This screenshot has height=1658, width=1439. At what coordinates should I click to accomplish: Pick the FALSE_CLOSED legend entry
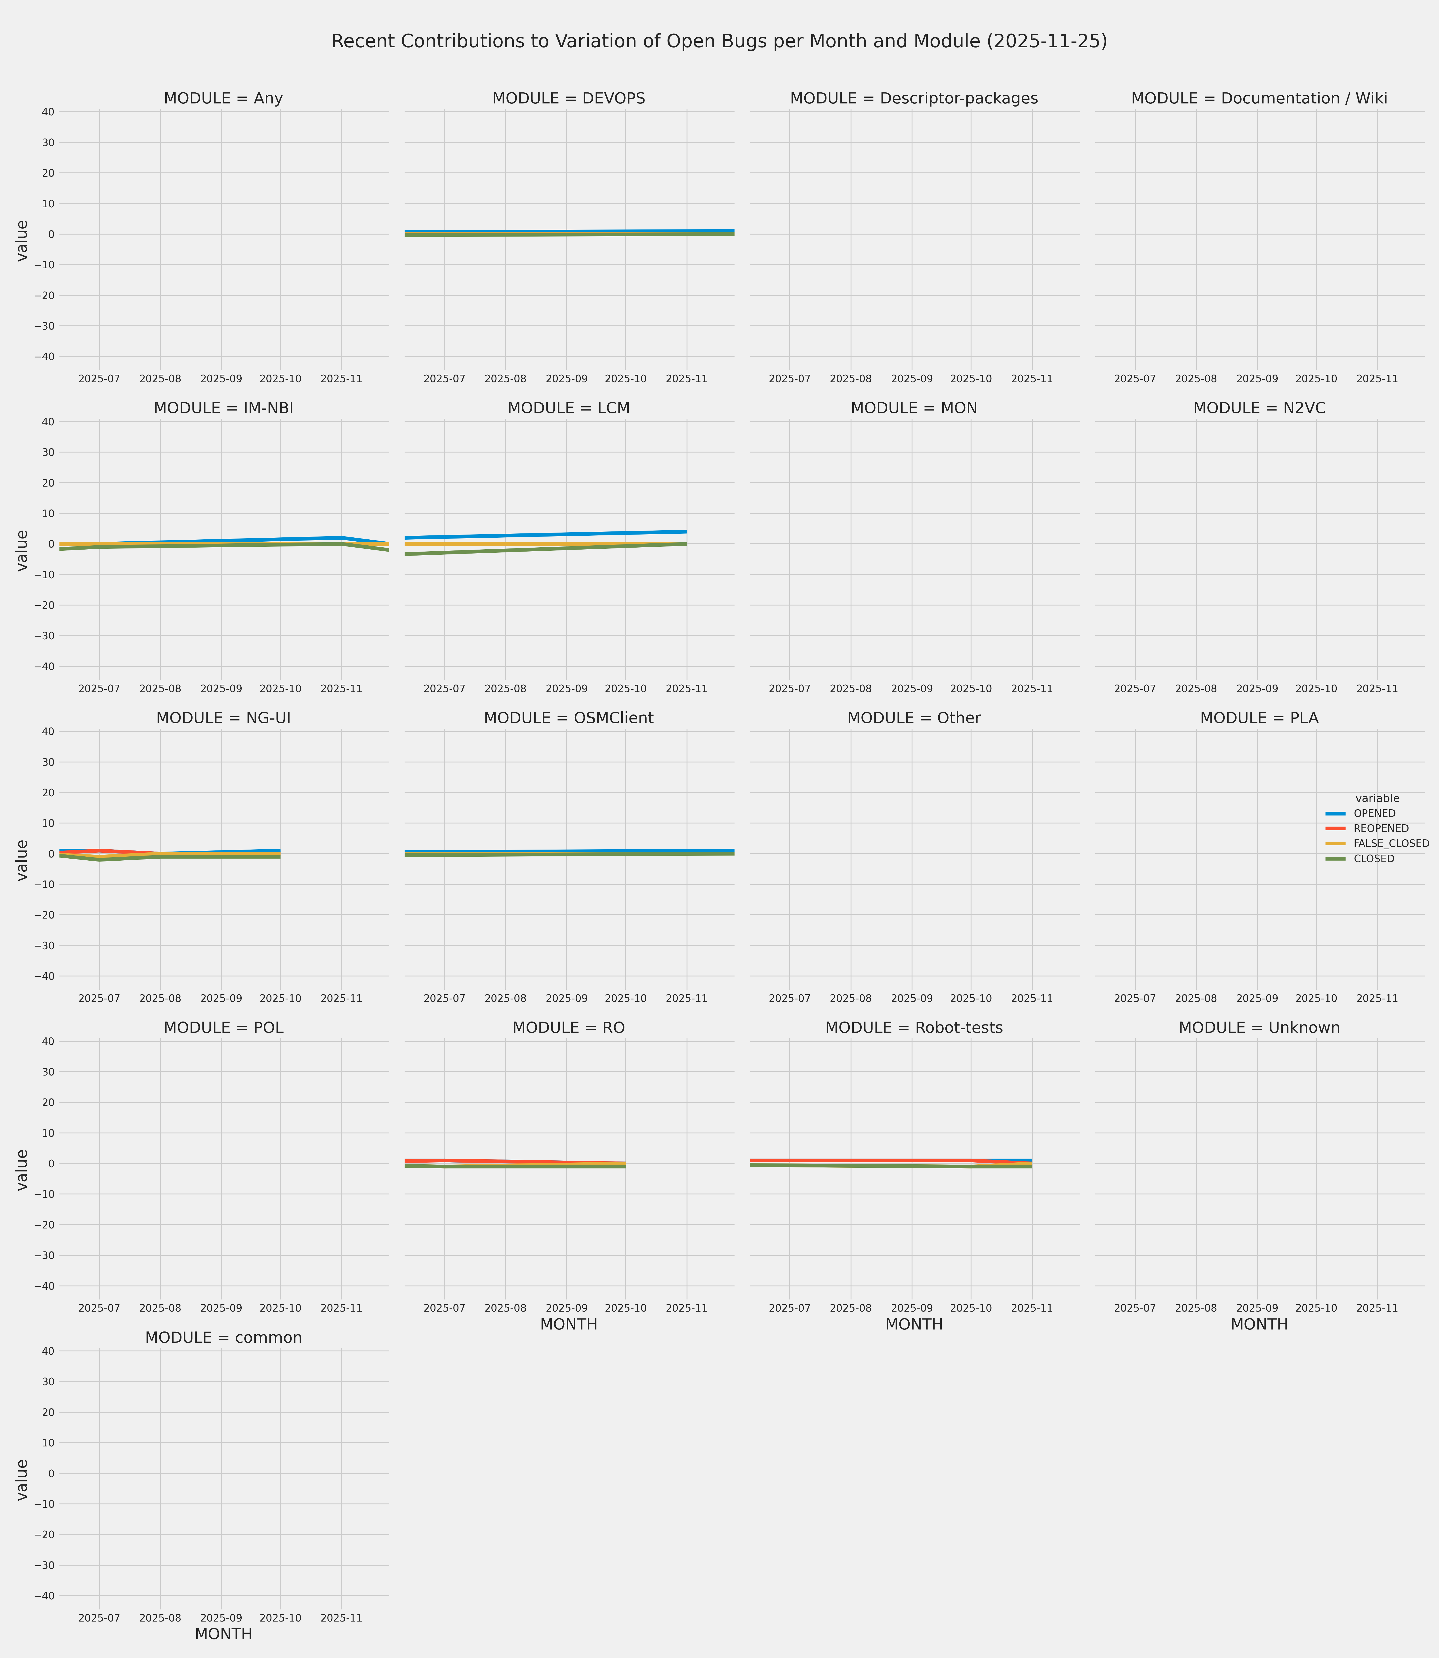(x=1391, y=844)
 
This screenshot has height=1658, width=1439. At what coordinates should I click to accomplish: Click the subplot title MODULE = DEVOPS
(x=569, y=99)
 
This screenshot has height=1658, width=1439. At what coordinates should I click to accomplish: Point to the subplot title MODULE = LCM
(x=569, y=409)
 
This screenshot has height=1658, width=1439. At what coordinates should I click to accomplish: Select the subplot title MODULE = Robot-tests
(x=914, y=1029)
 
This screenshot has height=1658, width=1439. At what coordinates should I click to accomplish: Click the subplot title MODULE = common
(x=223, y=1338)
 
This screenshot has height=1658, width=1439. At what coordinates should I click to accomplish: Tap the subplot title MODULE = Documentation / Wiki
(x=1259, y=99)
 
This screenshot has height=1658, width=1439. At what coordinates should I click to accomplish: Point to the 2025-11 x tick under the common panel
(x=341, y=1618)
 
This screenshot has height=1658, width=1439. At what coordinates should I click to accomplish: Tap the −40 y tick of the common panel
(x=45, y=1596)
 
